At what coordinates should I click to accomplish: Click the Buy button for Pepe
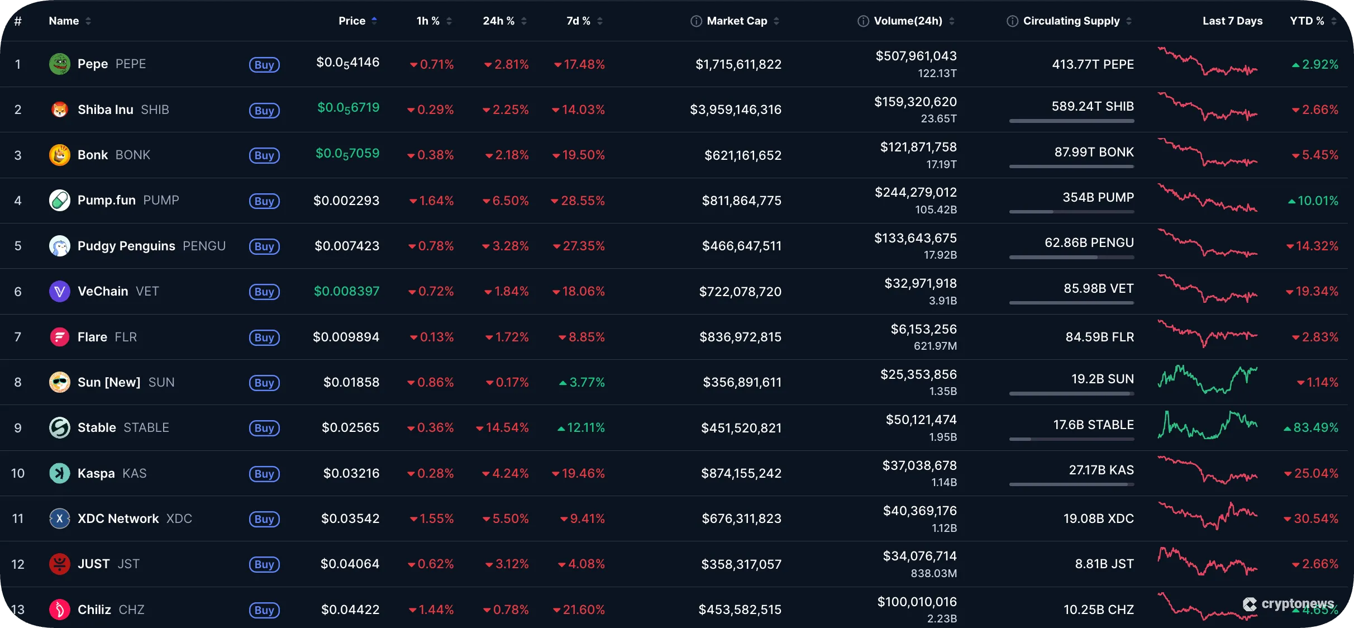264,65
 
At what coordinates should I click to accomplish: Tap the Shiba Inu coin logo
60,110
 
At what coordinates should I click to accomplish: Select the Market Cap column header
737,21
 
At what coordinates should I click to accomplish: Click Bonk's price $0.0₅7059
347,154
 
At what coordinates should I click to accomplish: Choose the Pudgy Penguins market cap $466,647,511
741,246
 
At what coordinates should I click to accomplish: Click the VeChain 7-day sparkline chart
1207,289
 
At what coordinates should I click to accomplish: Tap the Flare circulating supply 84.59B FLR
1099,337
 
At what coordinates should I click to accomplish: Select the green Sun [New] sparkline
1207,380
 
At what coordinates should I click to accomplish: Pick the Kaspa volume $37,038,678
919,465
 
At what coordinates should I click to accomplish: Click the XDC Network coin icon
60,518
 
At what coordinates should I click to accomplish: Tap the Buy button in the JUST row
264,564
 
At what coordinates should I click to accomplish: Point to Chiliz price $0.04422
350,610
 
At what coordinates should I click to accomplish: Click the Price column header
352,21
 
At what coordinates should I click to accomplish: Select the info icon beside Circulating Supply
1012,21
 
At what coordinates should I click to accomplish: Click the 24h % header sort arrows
524,21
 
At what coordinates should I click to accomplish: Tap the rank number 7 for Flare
18,337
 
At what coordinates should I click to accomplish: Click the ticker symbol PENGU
204,246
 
